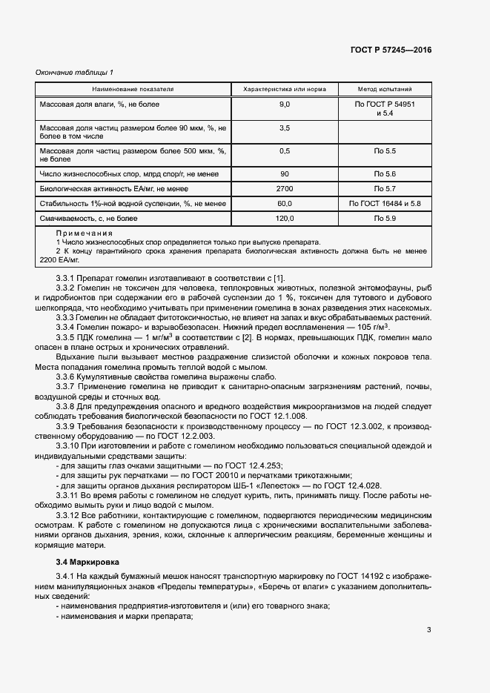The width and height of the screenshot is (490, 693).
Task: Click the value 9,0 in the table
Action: (x=285, y=105)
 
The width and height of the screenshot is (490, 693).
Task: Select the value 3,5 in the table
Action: (x=285, y=128)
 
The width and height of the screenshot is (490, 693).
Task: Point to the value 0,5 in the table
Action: (x=285, y=151)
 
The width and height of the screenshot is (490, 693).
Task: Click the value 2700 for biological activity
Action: (x=285, y=189)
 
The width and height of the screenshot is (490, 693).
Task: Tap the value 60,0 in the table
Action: (x=285, y=204)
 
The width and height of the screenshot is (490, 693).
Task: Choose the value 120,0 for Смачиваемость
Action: (x=285, y=219)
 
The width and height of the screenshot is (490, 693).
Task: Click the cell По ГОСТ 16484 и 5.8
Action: (x=384, y=204)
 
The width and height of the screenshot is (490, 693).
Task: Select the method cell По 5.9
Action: (x=384, y=219)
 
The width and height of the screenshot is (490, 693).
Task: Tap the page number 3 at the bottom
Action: (x=428, y=631)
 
